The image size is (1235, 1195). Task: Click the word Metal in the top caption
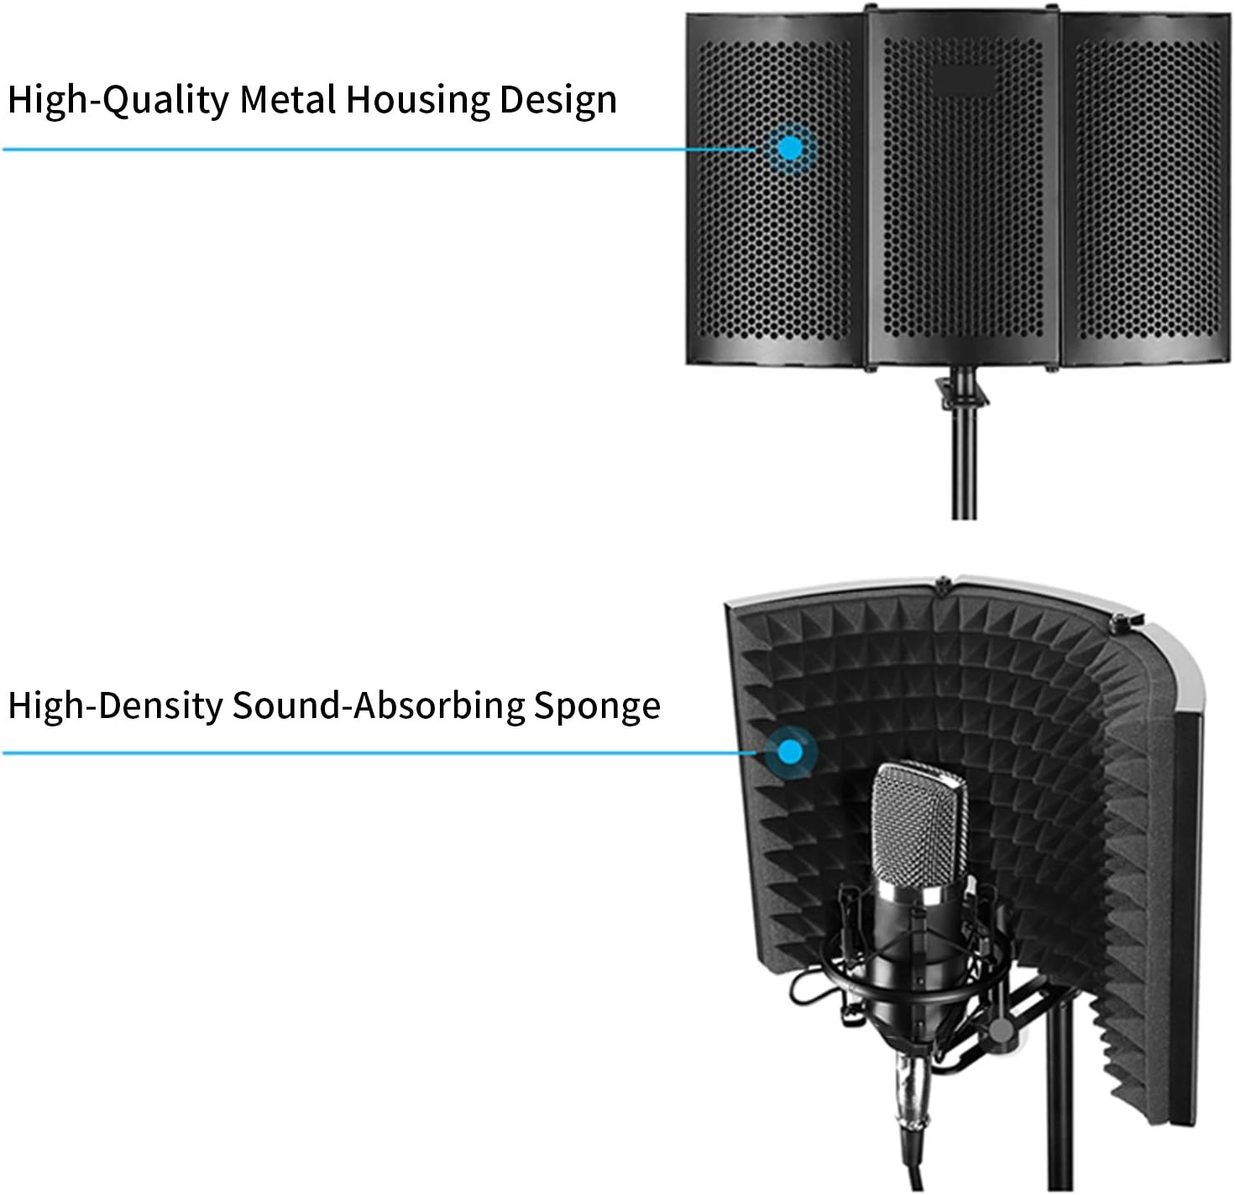point(289,99)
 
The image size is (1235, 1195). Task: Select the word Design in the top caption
point(557,101)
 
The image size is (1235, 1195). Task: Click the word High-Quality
point(118,101)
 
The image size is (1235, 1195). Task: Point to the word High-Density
point(115,705)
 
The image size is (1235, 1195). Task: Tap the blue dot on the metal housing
point(790,149)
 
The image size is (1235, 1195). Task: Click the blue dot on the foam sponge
point(789,752)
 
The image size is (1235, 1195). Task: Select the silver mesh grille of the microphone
point(918,827)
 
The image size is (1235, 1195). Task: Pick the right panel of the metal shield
point(1147,193)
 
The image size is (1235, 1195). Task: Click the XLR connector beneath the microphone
point(909,1092)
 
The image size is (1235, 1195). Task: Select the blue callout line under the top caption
point(378,149)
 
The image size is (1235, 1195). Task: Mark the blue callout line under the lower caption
point(378,752)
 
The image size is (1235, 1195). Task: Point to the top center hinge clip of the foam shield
point(944,582)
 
